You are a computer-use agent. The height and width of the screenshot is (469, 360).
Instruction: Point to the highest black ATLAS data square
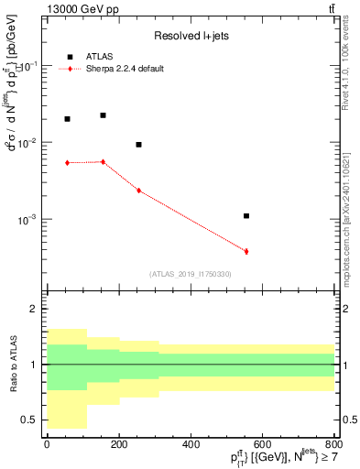tap(103, 115)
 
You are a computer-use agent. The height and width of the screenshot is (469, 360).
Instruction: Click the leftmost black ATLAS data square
tap(67, 119)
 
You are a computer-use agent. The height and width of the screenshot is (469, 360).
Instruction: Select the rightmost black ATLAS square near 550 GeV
tap(246, 216)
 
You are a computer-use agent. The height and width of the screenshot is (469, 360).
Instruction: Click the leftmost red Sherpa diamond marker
tap(67, 163)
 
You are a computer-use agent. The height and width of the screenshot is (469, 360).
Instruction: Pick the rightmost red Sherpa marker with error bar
tap(246, 251)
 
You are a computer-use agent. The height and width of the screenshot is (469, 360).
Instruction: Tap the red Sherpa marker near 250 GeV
tap(138, 191)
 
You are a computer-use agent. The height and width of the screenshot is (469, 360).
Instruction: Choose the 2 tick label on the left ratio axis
tap(34, 310)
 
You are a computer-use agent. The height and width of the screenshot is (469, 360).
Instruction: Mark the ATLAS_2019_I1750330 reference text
tap(191, 274)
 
